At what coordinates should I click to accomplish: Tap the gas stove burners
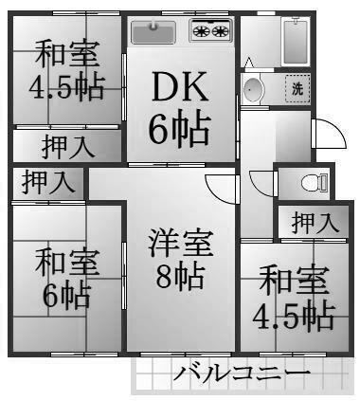[210, 31]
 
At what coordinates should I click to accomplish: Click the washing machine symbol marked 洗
[297, 89]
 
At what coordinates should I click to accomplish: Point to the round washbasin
[253, 90]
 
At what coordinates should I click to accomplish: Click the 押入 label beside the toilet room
[314, 224]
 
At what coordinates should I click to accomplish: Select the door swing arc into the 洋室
[221, 187]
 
